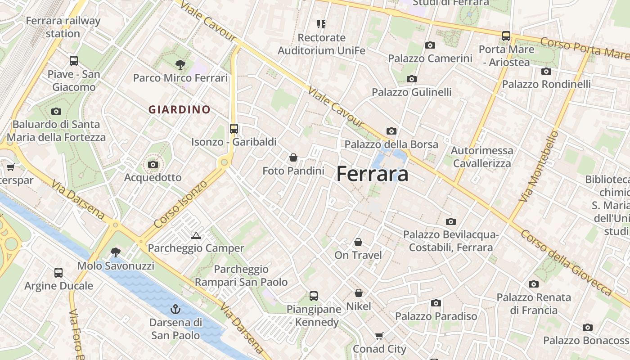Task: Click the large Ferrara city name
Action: pos(373,174)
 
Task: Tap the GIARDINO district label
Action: pos(180,109)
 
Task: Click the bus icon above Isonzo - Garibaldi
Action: pos(234,128)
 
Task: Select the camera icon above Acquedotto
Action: pos(153,164)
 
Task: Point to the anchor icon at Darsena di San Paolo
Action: pos(175,309)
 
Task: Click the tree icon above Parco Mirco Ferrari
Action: pos(180,64)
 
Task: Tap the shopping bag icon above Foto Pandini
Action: pos(293,157)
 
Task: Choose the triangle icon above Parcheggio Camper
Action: pos(196,235)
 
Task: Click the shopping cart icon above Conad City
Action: pos(379,336)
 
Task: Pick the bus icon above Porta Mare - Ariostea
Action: pos(506,36)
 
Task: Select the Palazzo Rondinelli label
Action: pos(546,84)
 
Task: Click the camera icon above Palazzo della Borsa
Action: pos(391,131)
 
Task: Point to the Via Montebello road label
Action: pos(539,166)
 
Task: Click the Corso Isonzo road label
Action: pos(180,204)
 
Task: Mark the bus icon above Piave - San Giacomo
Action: pos(74,60)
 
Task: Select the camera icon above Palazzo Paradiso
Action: pos(436,303)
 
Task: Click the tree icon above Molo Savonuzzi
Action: pos(116,252)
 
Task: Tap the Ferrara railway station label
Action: pos(63,27)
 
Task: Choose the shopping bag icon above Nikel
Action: pos(359,293)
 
